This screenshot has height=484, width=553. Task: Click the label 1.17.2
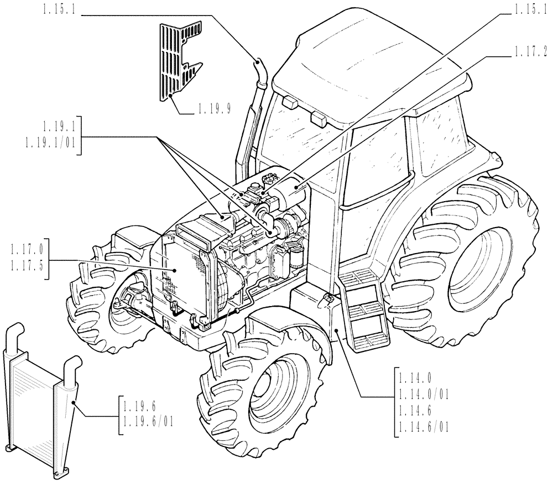tap(530, 52)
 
